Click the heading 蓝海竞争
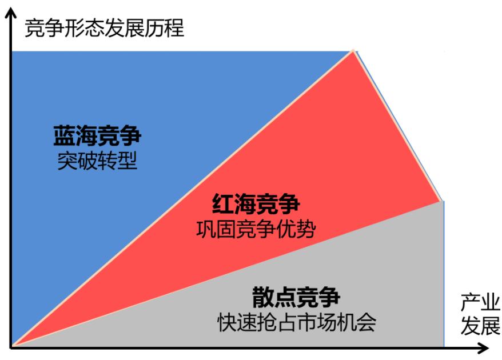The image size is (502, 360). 97,137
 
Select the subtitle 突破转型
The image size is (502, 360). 97,162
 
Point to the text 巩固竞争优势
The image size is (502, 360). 256,229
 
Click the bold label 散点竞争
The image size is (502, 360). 296,298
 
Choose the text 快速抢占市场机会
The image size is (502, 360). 296,323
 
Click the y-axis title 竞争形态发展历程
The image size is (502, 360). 105,27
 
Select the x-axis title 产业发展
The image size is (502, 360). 480,314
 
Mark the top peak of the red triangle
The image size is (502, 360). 354,51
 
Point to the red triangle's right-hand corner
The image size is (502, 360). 441,201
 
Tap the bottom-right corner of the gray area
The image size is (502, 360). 444,346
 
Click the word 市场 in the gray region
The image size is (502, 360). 322,323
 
